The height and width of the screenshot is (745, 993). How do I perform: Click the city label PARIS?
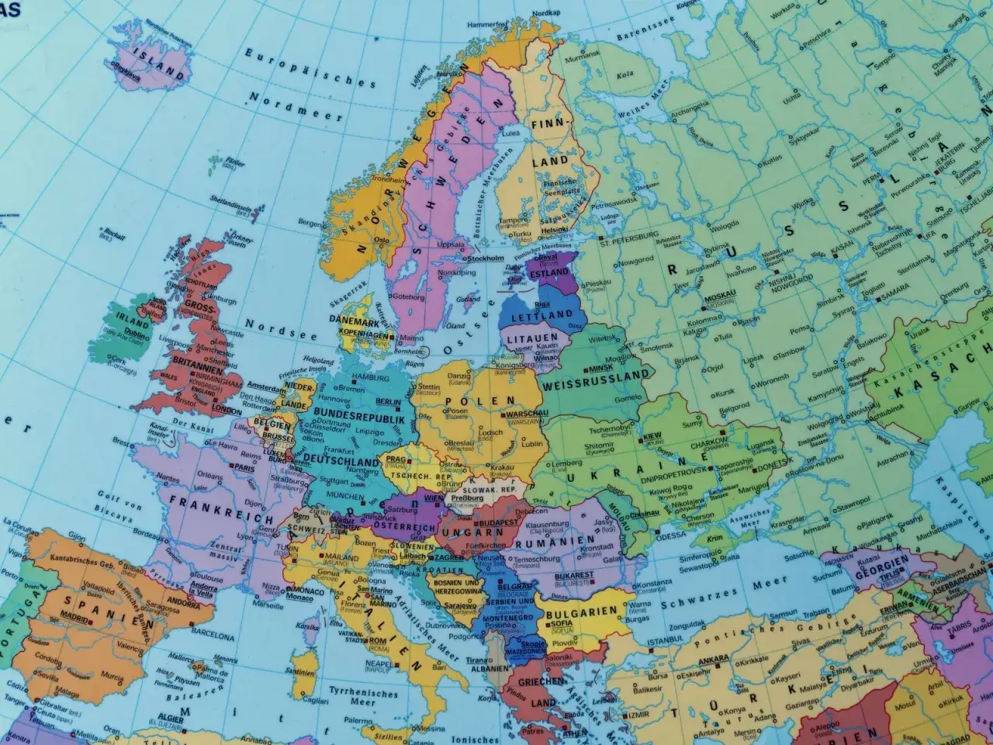tap(244, 469)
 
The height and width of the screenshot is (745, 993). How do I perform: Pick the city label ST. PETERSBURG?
tap(628, 233)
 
